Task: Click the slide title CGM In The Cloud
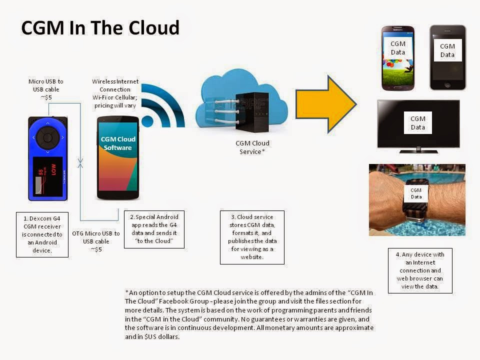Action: pyautogui.click(x=100, y=28)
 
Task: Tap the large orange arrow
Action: pyautogui.click(x=325, y=104)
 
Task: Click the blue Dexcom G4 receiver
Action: pyautogui.click(x=47, y=159)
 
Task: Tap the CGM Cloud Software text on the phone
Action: pyautogui.click(x=118, y=143)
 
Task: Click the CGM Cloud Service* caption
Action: pyautogui.click(x=252, y=147)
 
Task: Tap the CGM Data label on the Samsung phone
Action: pyautogui.click(x=398, y=48)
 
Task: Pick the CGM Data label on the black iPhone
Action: pyautogui.click(x=447, y=50)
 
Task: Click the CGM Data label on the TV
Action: pyautogui.click(x=417, y=123)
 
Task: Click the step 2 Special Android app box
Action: pyautogui.click(x=154, y=229)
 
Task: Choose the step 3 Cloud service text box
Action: pyautogui.click(x=252, y=237)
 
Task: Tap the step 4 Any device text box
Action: pyautogui.click(x=420, y=270)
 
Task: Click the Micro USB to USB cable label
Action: pyautogui.click(x=46, y=89)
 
